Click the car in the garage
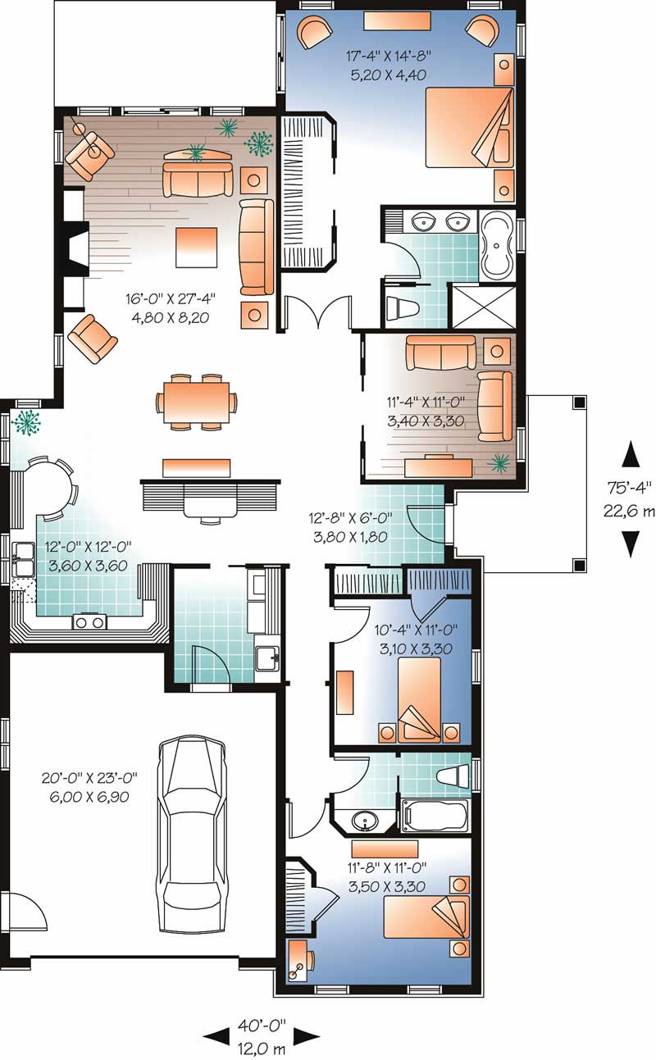[192, 834]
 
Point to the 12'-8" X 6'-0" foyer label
[350, 527]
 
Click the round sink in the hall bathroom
[365, 821]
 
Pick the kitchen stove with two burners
[90, 621]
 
